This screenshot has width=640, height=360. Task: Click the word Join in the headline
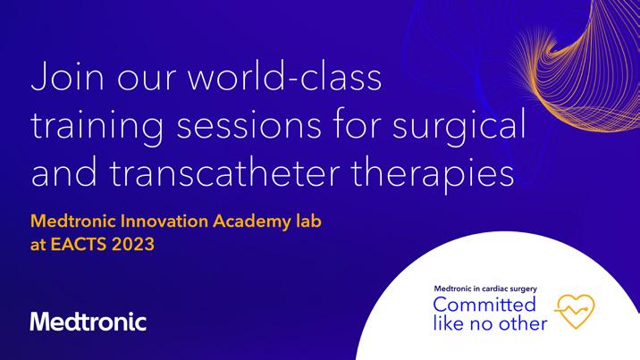point(67,77)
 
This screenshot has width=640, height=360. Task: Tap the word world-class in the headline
point(284,76)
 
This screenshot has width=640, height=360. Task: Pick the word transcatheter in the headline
point(224,172)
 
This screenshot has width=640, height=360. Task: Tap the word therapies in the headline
point(433,173)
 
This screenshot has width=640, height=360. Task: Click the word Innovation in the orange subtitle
point(164,221)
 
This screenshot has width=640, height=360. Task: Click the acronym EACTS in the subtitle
point(79,244)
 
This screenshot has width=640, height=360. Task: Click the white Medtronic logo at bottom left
point(88,322)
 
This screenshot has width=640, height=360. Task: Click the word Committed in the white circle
point(484,305)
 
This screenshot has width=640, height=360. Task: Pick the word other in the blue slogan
point(523,323)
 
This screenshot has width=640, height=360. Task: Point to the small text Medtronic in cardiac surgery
point(485,289)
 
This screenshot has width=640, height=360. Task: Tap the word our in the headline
point(146,80)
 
